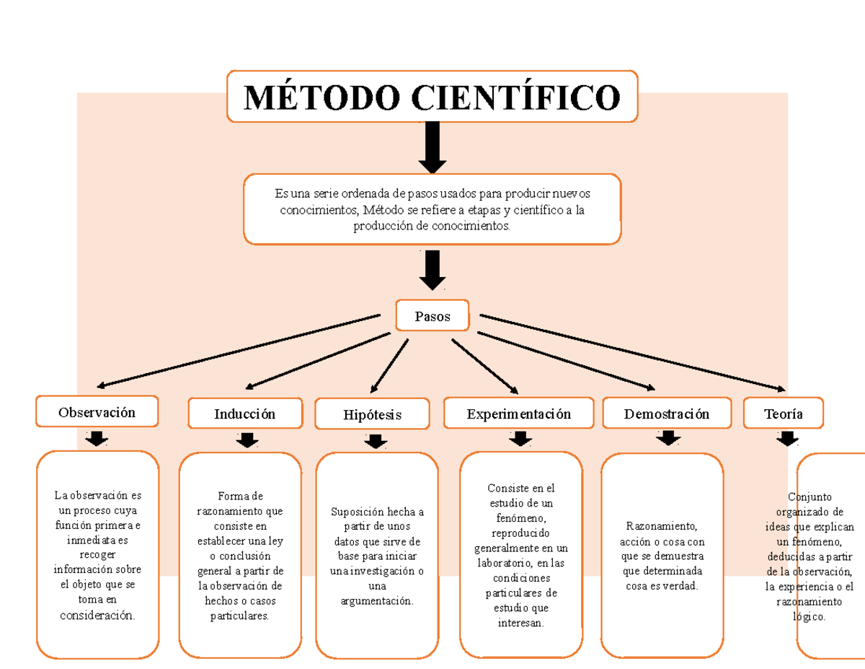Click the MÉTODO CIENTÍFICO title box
tap(432, 97)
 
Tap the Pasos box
tap(432, 316)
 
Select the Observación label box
tap(97, 412)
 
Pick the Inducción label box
tap(244, 414)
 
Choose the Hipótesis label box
tap(373, 415)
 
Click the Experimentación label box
tap(518, 414)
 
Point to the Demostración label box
tap(667, 414)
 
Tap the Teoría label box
tap(784, 414)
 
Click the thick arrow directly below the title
tap(432, 147)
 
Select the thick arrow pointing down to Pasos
tap(432, 270)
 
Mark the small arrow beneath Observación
tap(97, 438)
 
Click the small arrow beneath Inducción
tap(247, 440)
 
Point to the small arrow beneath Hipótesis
tap(375, 440)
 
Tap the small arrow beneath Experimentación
tap(520, 438)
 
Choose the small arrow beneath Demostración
tap(668, 437)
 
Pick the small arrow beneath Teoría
tap(787, 438)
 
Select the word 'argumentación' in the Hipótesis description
tap(377, 601)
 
